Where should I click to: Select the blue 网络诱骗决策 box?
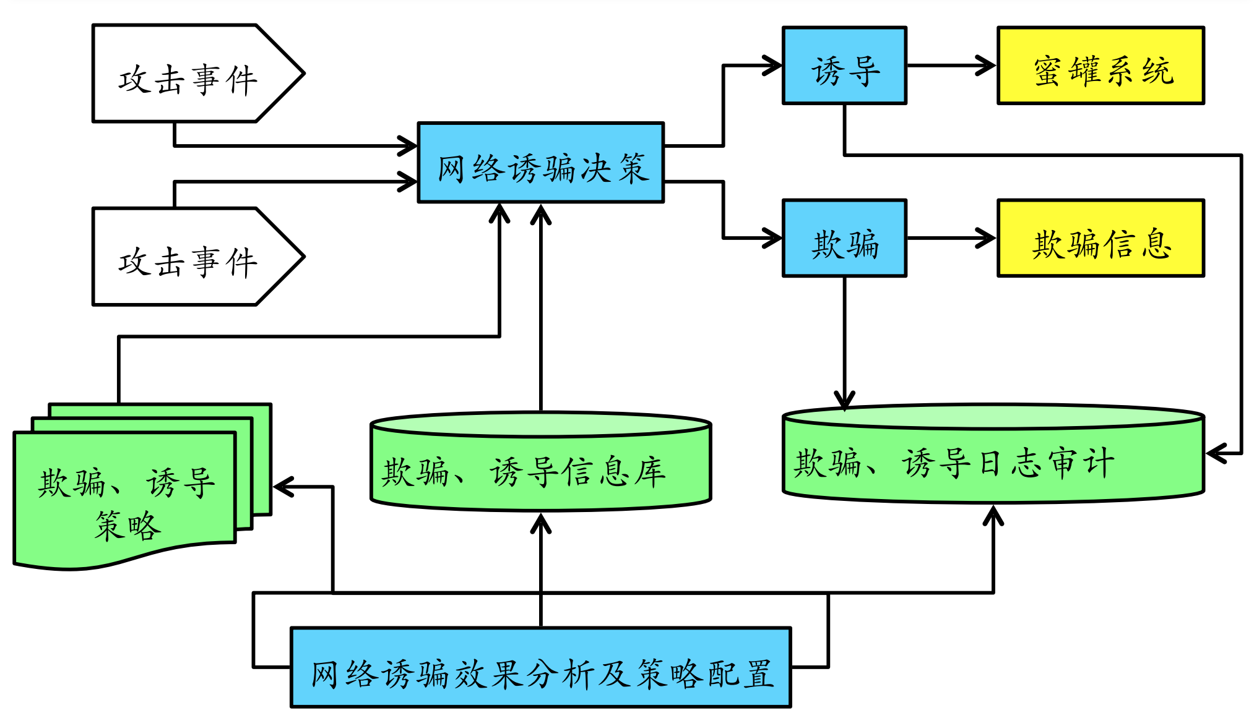tap(540, 163)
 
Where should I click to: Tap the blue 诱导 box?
tap(844, 66)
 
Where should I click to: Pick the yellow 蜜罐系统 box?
tap(1100, 66)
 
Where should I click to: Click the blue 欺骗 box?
tap(844, 238)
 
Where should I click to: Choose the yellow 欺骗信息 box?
tap(1100, 238)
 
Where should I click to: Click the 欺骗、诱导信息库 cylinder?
tap(540, 470)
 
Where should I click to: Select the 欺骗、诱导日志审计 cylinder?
tap(993, 461)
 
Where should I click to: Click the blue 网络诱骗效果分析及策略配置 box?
tap(540, 668)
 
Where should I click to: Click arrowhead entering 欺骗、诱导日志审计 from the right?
tap(1214, 453)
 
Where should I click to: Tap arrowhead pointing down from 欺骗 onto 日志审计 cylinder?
tap(844, 400)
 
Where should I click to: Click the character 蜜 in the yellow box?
tap(1047, 70)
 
